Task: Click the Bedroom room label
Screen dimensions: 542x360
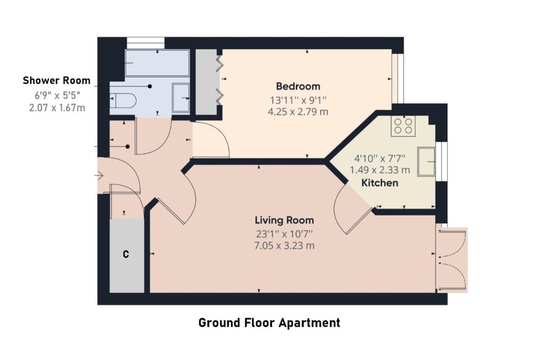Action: click(298, 87)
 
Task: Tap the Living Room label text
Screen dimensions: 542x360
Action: click(284, 221)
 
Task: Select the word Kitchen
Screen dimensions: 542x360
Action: click(380, 183)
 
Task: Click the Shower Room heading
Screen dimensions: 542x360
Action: click(57, 81)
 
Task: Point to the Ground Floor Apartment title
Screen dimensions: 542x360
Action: click(269, 323)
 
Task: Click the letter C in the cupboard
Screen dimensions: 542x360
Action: click(126, 254)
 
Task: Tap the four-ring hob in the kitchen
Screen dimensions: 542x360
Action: click(403, 126)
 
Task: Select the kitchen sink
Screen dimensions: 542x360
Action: click(426, 162)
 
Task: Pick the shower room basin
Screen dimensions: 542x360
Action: click(181, 98)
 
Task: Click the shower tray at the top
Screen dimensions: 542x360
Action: click(157, 63)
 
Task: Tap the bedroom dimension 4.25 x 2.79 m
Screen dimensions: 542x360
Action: click(298, 112)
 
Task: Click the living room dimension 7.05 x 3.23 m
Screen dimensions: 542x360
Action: click(284, 246)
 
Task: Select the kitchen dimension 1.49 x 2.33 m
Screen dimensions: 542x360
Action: click(380, 170)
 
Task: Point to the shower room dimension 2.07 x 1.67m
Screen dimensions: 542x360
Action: click(57, 108)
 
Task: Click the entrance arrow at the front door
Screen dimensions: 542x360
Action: click(100, 175)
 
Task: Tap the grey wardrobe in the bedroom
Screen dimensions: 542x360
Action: click(206, 82)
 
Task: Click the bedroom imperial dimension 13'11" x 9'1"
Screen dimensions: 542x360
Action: click(298, 100)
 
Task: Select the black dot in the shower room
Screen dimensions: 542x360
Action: click(150, 87)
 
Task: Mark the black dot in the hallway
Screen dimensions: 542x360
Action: click(128, 147)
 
